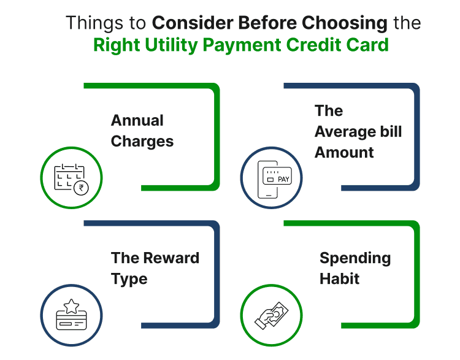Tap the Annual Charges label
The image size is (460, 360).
tap(142, 131)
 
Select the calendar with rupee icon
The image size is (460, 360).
tap(71, 178)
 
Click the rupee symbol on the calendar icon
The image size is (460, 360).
tap(79, 188)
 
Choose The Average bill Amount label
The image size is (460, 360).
tap(358, 131)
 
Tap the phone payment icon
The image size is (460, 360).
tap(271, 178)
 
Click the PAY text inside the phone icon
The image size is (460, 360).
tap(283, 180)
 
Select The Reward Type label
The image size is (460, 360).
tap(155, 268)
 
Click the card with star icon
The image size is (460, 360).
tap(71, 315)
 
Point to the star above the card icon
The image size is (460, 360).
tap(71, 305)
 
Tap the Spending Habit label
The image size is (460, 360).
tap(355, 268)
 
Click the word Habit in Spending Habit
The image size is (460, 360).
tap(339, 279)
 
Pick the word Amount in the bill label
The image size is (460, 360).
tap(344, 152)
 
